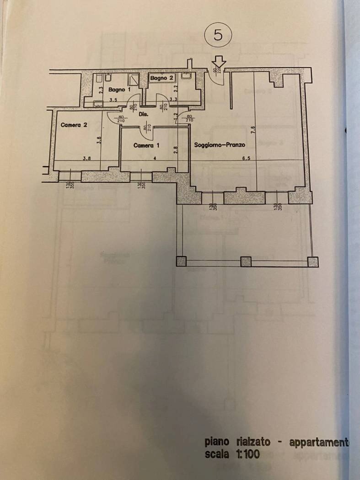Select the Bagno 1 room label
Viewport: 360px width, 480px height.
(116, 90)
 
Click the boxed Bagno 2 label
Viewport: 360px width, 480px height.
(162, 78)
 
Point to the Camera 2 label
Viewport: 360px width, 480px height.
(74, 124)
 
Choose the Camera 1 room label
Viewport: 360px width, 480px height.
(146, 145)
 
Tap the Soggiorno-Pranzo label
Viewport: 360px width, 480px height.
(220, 145)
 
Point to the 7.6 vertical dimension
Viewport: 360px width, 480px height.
(253, 131)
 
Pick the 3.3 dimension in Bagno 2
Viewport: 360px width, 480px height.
(173, 99)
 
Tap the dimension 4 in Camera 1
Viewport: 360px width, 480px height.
(155, 158)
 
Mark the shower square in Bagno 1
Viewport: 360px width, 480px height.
(133, 80)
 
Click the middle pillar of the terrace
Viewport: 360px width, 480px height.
(246, 261)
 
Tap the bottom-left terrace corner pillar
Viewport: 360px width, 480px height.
(181, 261)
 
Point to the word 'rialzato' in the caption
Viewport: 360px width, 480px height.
(251, 442)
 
